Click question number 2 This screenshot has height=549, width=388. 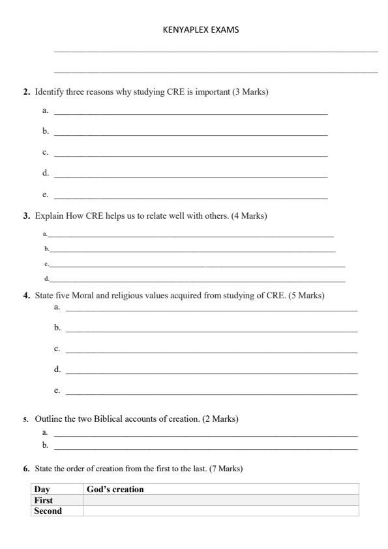pos(27,93)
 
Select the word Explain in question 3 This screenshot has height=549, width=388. pos(50,215)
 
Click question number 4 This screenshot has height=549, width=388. pos(27,296)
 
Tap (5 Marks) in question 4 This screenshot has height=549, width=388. pos(306,296)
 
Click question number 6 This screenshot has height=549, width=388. pos(26,469)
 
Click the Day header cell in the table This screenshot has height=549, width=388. pos(42,489)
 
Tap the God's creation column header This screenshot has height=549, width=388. pos(115,489)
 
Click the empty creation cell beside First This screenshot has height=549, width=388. pos(220,500)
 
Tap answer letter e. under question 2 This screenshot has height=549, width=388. pos(46,194)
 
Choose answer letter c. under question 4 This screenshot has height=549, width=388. pos(57,349)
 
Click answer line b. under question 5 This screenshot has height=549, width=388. pos(205,447)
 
